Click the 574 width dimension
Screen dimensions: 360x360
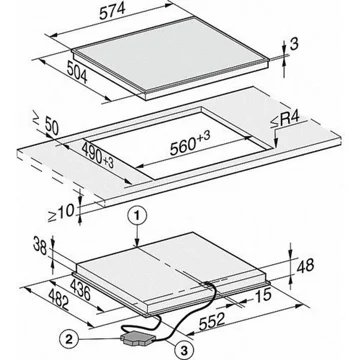coord(112,12)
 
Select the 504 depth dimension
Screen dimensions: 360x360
coord(76,72)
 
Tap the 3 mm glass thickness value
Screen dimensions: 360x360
coord(294,44)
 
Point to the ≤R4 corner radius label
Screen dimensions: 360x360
coord(284,120)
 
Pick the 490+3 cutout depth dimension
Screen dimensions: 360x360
coord(98,154)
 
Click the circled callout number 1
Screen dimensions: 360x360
coord(137,217)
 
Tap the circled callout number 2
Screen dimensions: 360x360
coord(69,340)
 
